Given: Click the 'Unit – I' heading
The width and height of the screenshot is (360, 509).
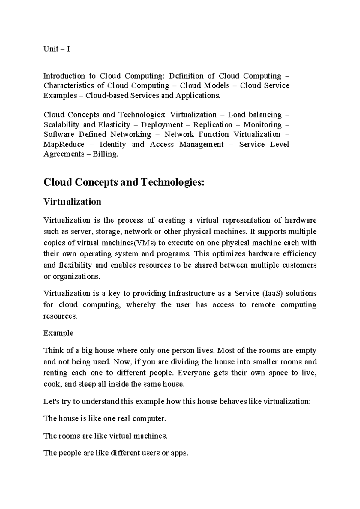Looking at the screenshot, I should coord(57,49).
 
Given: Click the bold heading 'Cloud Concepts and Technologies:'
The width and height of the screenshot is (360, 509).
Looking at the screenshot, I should coord(124,182).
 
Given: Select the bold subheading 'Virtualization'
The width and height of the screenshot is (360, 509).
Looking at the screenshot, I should coord(72,202).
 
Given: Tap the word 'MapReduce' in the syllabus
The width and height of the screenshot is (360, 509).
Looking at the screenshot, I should coord(64,145).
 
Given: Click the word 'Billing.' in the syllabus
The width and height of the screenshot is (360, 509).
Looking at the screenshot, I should coord(105,154).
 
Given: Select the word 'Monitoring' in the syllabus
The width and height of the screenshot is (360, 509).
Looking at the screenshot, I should coord(262,125).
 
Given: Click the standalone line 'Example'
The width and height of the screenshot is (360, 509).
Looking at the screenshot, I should coord(58,333).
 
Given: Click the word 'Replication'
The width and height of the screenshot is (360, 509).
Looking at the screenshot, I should coord(213,125).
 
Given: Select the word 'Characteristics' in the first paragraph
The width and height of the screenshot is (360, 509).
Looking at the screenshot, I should coord(68,86).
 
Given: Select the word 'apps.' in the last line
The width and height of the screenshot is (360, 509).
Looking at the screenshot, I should coord(179,453).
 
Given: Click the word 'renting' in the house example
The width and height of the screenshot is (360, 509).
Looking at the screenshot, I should coord(55,373).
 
